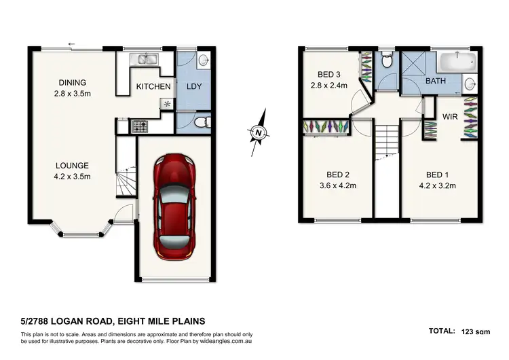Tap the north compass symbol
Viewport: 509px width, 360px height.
(258, 132)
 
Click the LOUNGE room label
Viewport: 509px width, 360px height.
(73, 165)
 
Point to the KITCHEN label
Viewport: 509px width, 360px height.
(153, 87)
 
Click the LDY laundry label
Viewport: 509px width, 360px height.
(195, 87)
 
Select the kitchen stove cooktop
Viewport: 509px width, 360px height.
(140, 126)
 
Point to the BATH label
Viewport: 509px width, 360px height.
(436, 82)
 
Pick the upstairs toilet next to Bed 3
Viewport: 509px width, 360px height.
(386, 62)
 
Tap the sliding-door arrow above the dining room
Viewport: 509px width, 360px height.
(71, 45)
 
